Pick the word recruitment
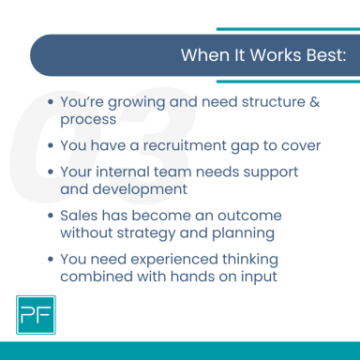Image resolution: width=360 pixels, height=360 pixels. (181, 146)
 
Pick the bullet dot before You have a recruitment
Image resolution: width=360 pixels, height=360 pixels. (50, 147)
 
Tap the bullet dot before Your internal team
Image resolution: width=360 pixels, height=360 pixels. (50, 172)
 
